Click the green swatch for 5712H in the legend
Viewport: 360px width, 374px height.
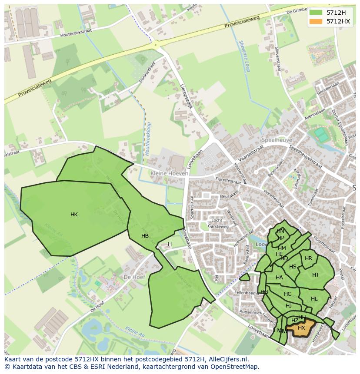click(316, 13)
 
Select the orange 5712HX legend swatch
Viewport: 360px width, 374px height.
click(316, 21)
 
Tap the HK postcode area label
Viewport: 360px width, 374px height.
click(74, 215)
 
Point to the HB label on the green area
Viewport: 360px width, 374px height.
click(145, 236)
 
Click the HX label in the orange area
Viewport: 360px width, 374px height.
click(301, 328)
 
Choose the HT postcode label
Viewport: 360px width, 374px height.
click(316, 275)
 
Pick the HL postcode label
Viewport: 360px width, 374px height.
click(314, 299)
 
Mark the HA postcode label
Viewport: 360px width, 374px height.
click(279, 278)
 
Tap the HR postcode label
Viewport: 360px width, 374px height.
click(308, 258)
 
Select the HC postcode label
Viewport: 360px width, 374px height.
click(287, 294)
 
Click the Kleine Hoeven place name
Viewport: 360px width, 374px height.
click(170, 173)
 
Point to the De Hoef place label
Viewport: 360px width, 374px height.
click(133, 277)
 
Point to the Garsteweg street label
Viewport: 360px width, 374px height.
click(218, 226)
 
